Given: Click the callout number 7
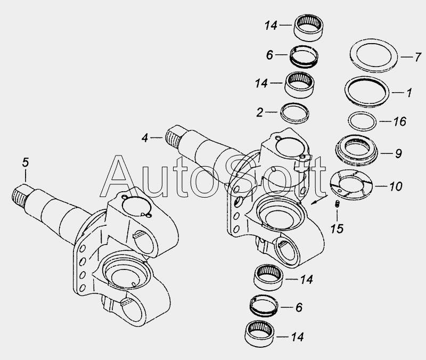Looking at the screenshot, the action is [x=417, y=58].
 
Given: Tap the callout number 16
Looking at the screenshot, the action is [x=400, y=121].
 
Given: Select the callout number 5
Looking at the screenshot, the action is [x=25, y=162].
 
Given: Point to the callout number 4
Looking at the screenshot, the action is [x=145, y=138].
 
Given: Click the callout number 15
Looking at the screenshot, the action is [x=337, y=228].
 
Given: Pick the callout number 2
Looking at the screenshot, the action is [x=260, y=112].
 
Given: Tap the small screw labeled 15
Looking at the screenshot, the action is [x=337, y=204].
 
